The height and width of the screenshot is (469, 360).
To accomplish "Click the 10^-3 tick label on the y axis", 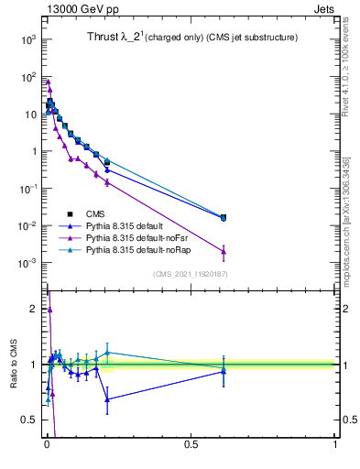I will point(27,263).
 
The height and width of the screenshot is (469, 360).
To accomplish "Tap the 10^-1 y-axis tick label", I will point(27,189).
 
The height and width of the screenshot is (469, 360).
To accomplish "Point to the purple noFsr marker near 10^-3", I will point(224,252).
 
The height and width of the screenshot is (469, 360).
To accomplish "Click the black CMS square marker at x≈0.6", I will point(224,217).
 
